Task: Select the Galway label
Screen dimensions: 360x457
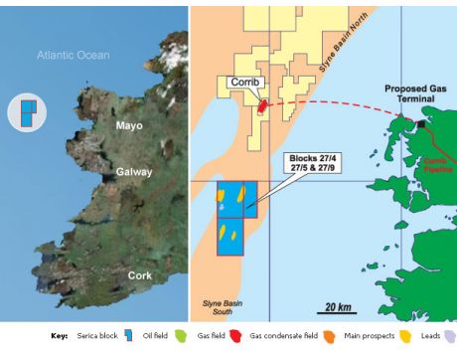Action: (133, 172)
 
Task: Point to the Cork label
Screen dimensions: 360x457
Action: (140, 274)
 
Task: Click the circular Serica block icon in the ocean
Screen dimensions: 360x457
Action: (27, 111)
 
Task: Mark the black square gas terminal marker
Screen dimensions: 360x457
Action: (421, 125)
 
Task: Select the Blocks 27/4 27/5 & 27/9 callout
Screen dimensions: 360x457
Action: (313, 165)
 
